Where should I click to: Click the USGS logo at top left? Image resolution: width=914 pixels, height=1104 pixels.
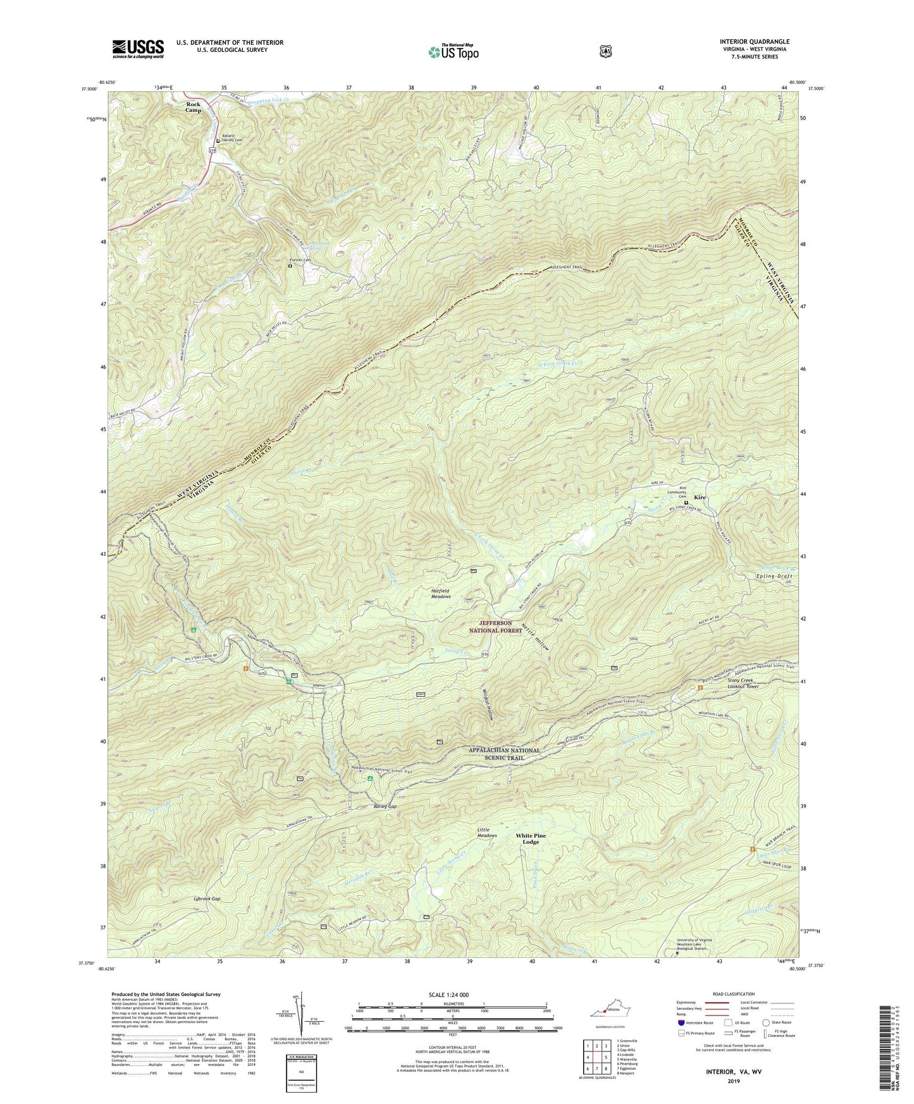pyautogui.click(x=138, y=49)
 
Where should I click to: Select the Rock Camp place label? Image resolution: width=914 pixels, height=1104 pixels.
pyautogui.click(x=194, y=107)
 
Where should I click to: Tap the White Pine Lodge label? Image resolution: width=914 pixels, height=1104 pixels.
pyautogui.click(x=530, y=838)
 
